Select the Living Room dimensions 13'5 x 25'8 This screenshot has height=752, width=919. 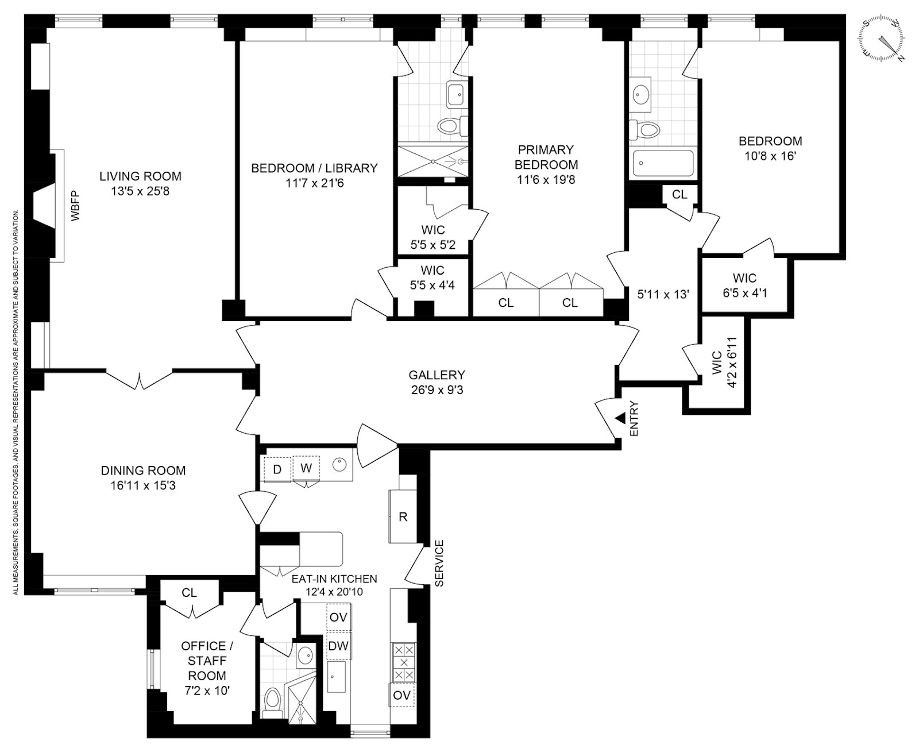pyautogui.click(x=140, y=191)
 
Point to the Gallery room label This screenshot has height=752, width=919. pyautogui.click(x=437, y=375)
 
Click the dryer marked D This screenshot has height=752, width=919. pyautogui.click(x=277, y=469)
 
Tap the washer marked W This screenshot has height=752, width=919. pyautogui.click(x=306, y=468)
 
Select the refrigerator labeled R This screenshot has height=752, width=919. pyautogui.click(x=403, y=516)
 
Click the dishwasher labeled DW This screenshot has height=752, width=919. pyautogui.click(x=338, y=646)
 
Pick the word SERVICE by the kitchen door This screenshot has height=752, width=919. pyautogui.click(x=439, y=563)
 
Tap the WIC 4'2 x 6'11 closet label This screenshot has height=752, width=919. pyautogui.click(x=723, y=363)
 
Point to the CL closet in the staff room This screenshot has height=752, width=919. pyautogui.click(x=190, y=593)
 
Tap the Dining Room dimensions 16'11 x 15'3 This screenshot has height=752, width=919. pyautogui.click(x=143, y=486)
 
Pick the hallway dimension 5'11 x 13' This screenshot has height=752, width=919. pyautogui.click(x=663, y=294)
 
